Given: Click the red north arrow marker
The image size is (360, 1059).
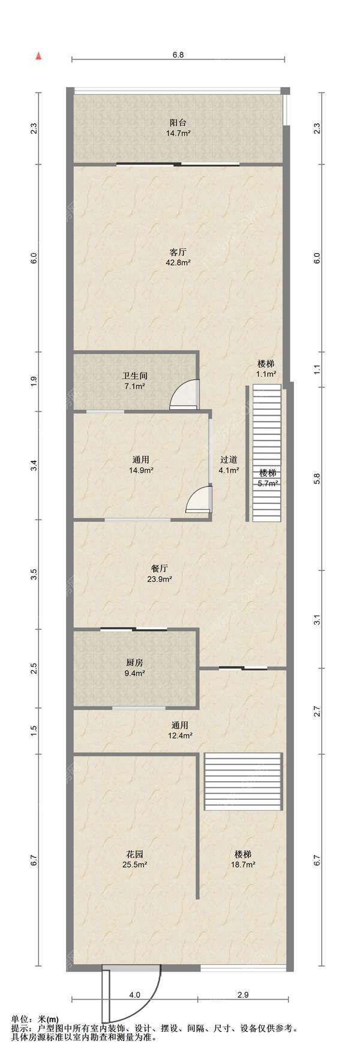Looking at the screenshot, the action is (38, 56).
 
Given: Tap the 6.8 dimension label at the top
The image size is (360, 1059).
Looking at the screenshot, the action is (178, 55).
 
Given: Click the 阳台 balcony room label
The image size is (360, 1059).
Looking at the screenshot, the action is (178, 122).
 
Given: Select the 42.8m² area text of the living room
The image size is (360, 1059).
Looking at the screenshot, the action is (178, 262).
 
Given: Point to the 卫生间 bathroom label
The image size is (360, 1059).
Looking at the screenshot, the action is (135, 376).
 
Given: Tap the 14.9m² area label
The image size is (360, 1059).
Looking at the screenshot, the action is (141, 470).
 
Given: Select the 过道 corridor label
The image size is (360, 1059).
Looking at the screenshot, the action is (229, 460).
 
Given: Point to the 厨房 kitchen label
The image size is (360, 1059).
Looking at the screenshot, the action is (134, 662).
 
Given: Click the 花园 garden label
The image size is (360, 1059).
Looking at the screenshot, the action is (134, 854).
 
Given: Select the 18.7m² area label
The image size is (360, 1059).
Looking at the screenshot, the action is (243, 865).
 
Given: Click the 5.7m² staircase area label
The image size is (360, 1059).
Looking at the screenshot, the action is (268, 483).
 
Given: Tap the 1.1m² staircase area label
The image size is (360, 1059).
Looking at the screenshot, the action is (266, 374).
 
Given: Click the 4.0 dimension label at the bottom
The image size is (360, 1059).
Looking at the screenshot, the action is (134, 994).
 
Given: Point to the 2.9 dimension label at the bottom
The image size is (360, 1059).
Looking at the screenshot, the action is (242, 994).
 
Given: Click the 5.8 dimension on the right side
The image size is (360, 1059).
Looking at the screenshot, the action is (317, 479).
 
